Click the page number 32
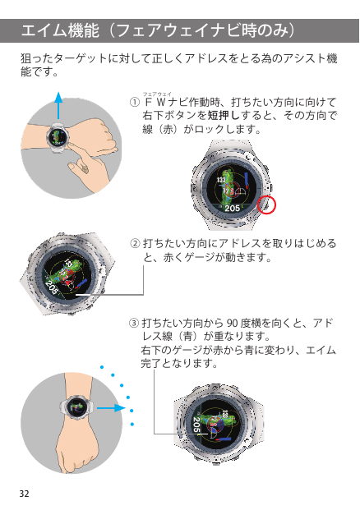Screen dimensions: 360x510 pos(24,494)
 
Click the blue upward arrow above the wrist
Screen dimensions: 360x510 pos(58,105)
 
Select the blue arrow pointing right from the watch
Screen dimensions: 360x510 pos(111,408)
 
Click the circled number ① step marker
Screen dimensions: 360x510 pos(135,103)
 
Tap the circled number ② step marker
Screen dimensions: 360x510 pos(135,243)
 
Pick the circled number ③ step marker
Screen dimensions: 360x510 pos(133,323)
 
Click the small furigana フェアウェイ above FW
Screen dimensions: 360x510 pos(157,94)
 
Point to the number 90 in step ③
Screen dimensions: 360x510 pos(232,323)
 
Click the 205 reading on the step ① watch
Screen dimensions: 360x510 pos(232,208)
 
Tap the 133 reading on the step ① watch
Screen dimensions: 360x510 pos(221,180)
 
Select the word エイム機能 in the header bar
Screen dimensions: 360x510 pos(60,30)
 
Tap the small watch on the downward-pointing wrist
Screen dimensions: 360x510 pos(76,407)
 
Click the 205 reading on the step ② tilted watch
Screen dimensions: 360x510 pos(52,287)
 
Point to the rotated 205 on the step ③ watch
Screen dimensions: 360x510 pos(197,425)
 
